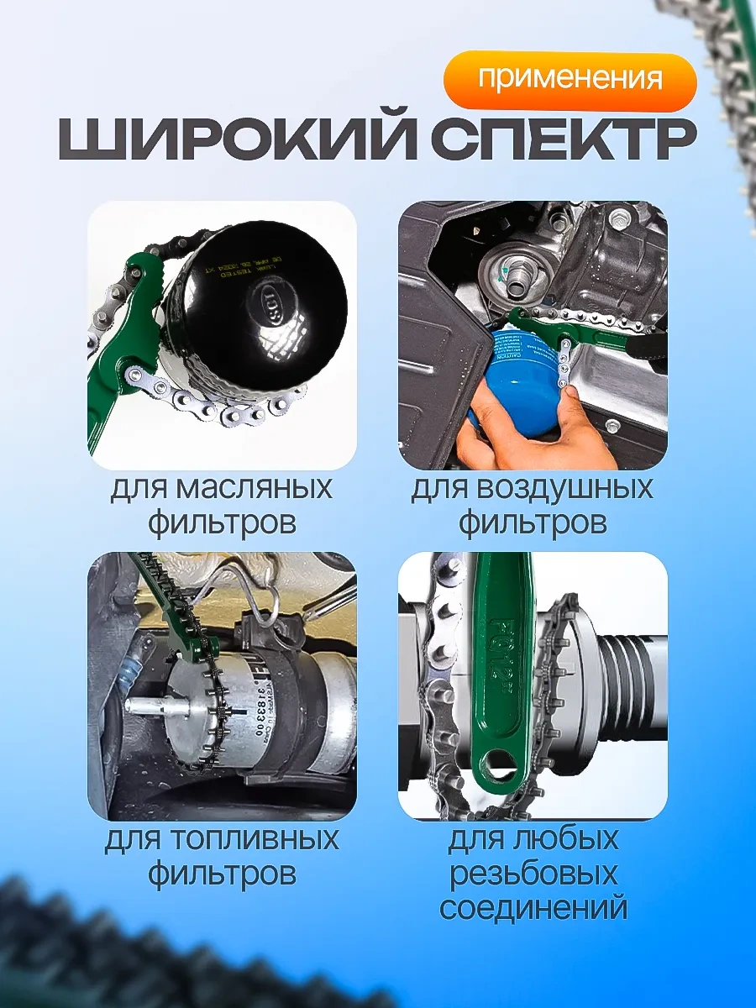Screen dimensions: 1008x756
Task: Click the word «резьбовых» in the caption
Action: [533, 874]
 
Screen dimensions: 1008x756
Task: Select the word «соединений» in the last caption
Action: [533, 908]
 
